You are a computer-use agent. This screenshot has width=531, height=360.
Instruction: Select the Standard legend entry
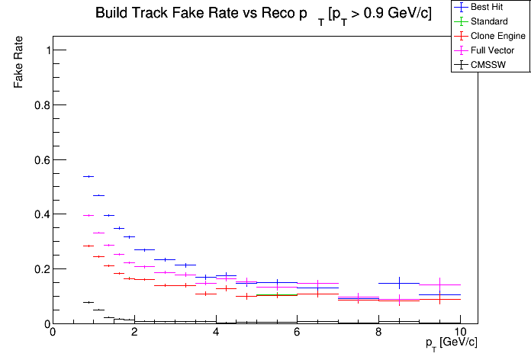coord(489,21)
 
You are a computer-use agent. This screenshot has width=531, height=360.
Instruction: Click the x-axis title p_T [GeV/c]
coord(452,342)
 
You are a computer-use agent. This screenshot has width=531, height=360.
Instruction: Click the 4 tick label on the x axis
coord(216,333)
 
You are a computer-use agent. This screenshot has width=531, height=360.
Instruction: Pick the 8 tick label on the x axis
coord(378,333)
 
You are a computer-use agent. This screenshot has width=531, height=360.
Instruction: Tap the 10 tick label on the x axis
coord(460,333)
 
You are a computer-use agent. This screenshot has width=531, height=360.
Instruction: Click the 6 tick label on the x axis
coord(298,333)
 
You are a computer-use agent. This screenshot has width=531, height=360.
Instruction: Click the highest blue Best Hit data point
coord(88,176)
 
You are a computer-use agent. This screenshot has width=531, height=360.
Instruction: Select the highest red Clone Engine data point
coord(88,246)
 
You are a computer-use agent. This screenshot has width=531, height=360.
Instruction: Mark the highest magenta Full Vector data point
coord(88,216)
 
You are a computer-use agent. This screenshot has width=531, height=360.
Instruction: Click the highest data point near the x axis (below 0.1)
coord(88,302)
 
